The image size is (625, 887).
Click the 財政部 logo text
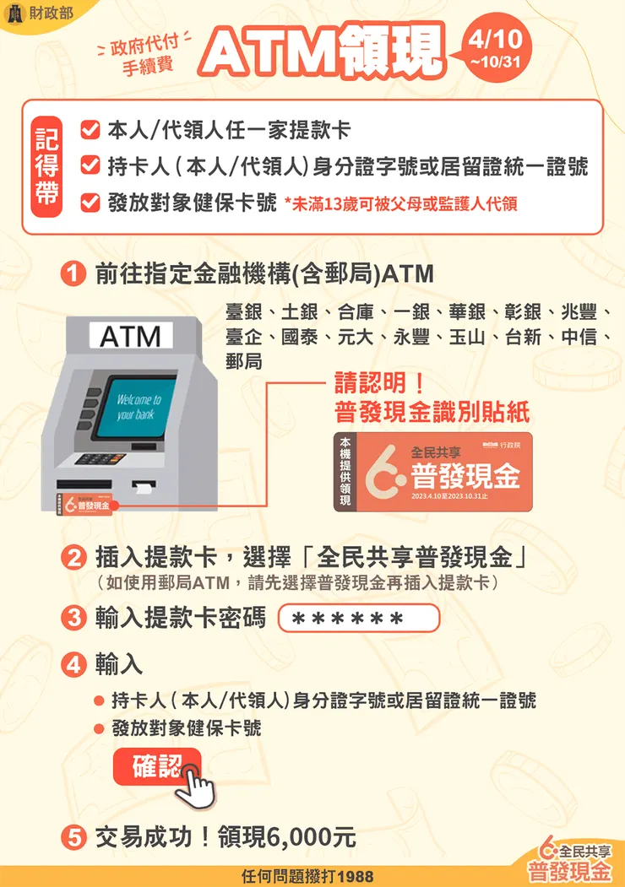coord(49,14)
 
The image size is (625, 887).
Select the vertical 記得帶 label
coord(46,166)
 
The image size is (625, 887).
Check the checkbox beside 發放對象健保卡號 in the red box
coord(90,203)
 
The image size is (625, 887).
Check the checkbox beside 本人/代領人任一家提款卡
coord(90,130)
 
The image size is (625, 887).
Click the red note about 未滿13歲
coord(401,203)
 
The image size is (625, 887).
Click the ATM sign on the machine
coord(131,338)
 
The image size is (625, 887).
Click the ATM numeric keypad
coord(100,461)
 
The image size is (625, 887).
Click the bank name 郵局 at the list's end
coord(243,361)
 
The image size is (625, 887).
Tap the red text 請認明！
coord(380,383)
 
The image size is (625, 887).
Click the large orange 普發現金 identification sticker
coord(434,473)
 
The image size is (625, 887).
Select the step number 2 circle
coord(75,559)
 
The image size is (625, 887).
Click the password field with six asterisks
coord(358,619)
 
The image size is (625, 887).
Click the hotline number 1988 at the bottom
coord(359,877)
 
